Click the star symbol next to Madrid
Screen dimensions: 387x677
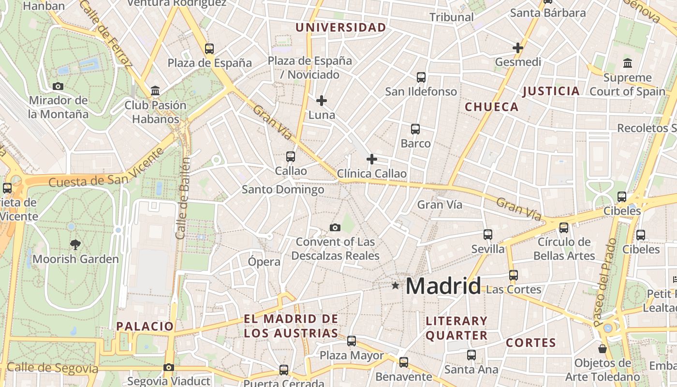pyautogui.click(x=396, y=285)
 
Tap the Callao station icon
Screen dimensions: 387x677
pyautogui.click(x=290, y=157)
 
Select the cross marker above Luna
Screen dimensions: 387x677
pyautogui.click(x=322, y=101)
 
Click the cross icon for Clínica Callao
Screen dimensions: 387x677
pyautogui.click(x=372, y=159)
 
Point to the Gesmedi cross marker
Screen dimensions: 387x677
pyautogui.click(x=518, y=48)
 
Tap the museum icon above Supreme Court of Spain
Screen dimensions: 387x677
pyautogui.click(x=628, y=63)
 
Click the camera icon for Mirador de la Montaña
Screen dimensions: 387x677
pyautogui.click(x=58, y=87)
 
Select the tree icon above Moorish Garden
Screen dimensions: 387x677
pyautogui.click(x=75, y=245)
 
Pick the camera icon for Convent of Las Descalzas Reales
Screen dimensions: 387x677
pyautogui.click(x=335, y=227)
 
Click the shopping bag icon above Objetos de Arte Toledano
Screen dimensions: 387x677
pyautogui.click(x=603, y=348)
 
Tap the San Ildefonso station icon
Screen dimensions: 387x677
pyautogui.click(x=421, y=77)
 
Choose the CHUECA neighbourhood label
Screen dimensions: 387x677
pyautogui.click(x=491, y=107)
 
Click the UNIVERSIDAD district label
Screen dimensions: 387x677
pyautogui.click(x=341, y=28)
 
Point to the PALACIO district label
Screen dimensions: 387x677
pyautogui.click(x=145, y=326)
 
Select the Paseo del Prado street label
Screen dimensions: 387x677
pyautogui.click(x=605, y=282)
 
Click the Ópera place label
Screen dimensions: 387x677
pyautogui.click(x=264, y=262)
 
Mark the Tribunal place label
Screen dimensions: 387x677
pyautogui.click(x=452, y=17)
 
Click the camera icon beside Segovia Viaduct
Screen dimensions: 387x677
pyautogui.click(x=169, y=368)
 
